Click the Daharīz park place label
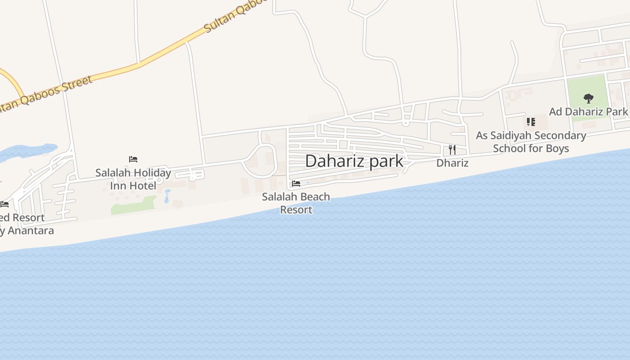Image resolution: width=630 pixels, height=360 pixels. coord(354,161)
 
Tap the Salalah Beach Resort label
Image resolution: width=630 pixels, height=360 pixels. coord(296,203)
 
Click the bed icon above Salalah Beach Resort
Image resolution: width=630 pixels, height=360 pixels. coord(296,184)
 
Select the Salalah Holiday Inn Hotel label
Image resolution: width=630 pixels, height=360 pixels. coord(133,179)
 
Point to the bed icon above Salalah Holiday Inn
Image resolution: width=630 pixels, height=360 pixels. coord(133,159)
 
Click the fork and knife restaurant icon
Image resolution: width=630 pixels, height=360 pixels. coord(452,150)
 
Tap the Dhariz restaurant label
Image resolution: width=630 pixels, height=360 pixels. coord(452,163)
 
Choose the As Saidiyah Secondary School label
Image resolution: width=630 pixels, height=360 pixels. coord(531,142)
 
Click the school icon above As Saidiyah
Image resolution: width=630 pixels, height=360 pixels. coord(531,122)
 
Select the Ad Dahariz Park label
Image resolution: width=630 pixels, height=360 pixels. coord(588,112)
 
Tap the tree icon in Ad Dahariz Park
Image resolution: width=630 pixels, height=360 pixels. coord(588,99)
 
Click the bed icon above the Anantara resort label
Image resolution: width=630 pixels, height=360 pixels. coord(4,204)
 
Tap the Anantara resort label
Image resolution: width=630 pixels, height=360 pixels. coord(25,224)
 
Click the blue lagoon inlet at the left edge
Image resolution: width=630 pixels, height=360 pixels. coord(27,151)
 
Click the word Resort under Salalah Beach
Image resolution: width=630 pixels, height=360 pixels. coord(296,210)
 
